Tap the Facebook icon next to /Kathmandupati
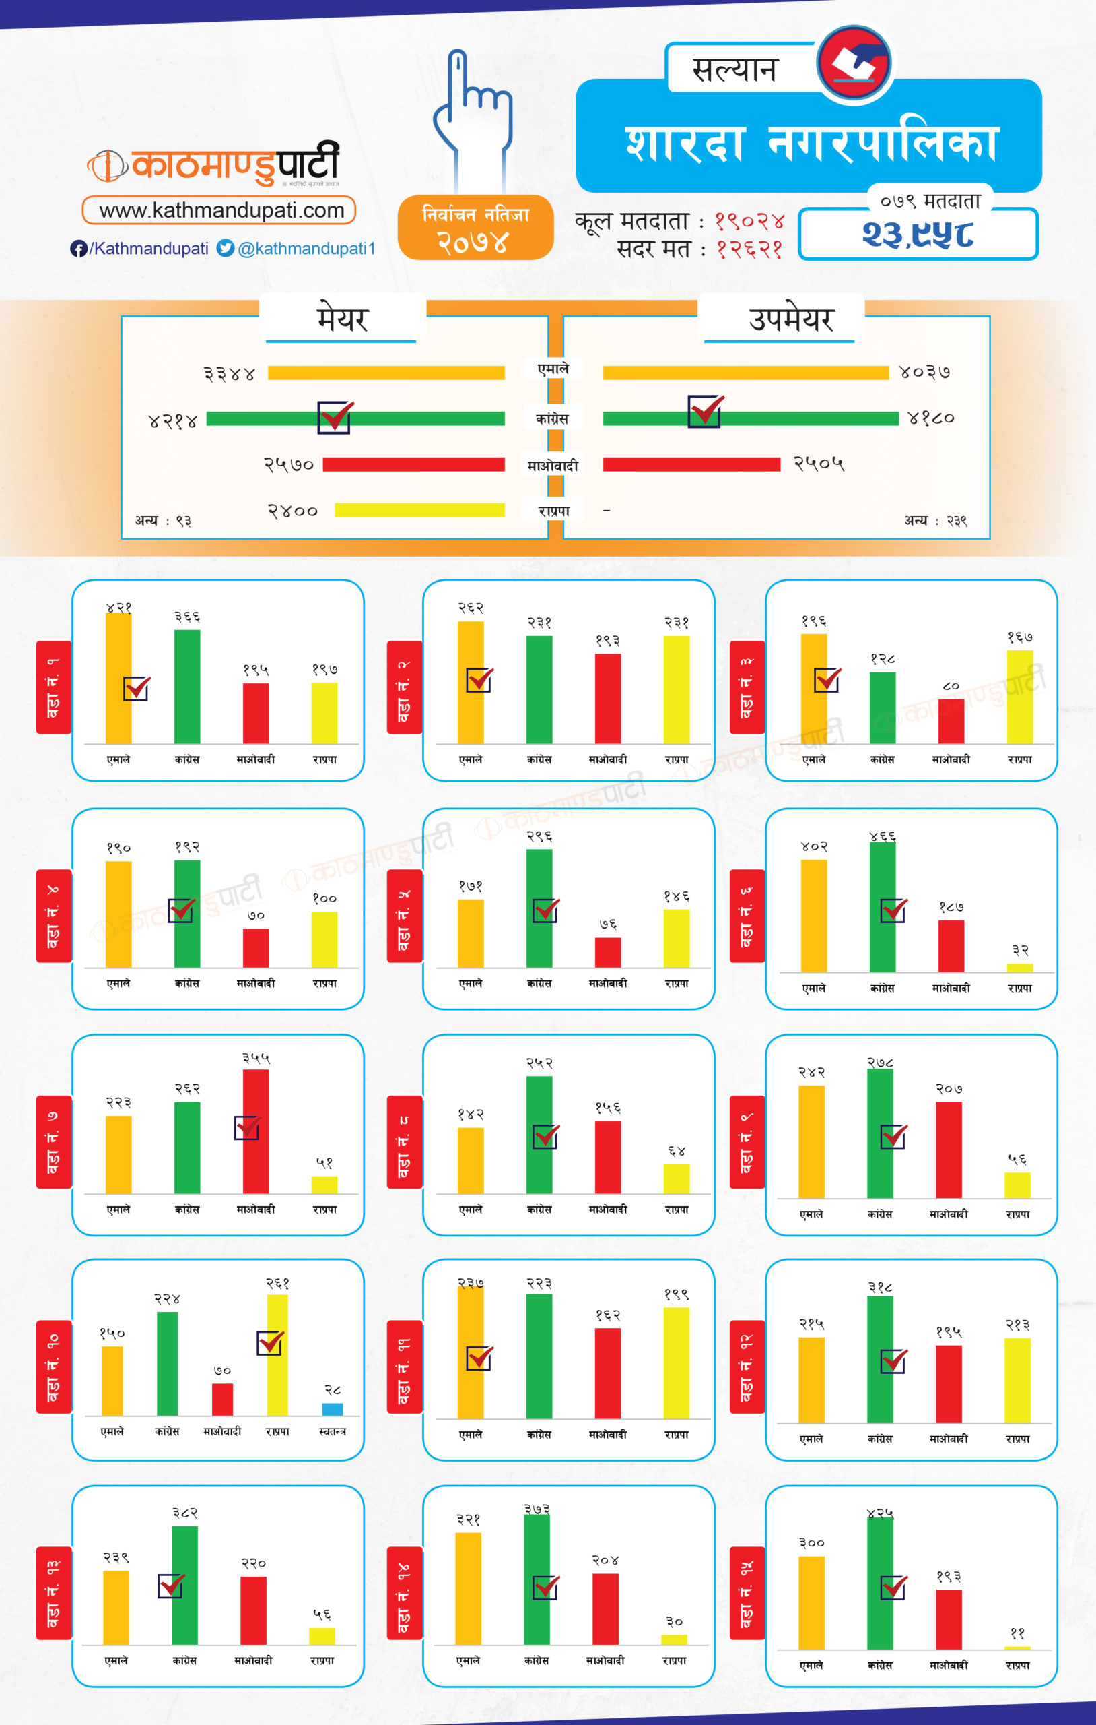tap(78, 249)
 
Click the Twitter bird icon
tap(226, 248)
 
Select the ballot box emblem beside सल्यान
tap(854, 63)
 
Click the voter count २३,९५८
tap(918, 235)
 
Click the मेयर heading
tap(342, 319)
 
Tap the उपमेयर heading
tap(791, 319)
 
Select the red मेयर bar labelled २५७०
tap(413, 464)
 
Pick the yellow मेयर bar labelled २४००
tap(419, 510)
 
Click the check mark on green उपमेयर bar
tap(706, 411)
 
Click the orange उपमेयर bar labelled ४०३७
tap(745, 373)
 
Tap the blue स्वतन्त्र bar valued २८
tap(332, 1409)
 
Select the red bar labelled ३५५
tap(256, 1132)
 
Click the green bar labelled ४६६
tap(882, 907)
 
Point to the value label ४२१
tap(119, 608)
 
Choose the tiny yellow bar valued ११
tap(1017, 1648)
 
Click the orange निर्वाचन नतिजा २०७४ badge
tap(475, 228)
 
